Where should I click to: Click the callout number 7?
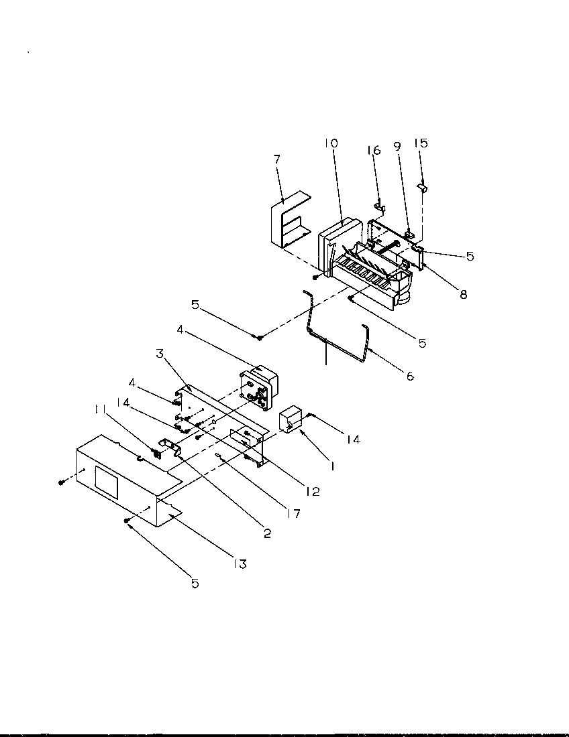tap(277, 159)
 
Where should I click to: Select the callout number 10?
tap(331, 143)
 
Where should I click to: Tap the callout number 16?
tap(374, 150)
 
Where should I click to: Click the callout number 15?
tap(421, 143)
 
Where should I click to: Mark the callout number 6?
tap(409, 376)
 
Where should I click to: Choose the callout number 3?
tap(160, 353)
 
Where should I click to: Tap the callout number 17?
tap(292, 514)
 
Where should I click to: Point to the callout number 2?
tap(266, 534)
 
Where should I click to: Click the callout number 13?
tap(240, 564)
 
